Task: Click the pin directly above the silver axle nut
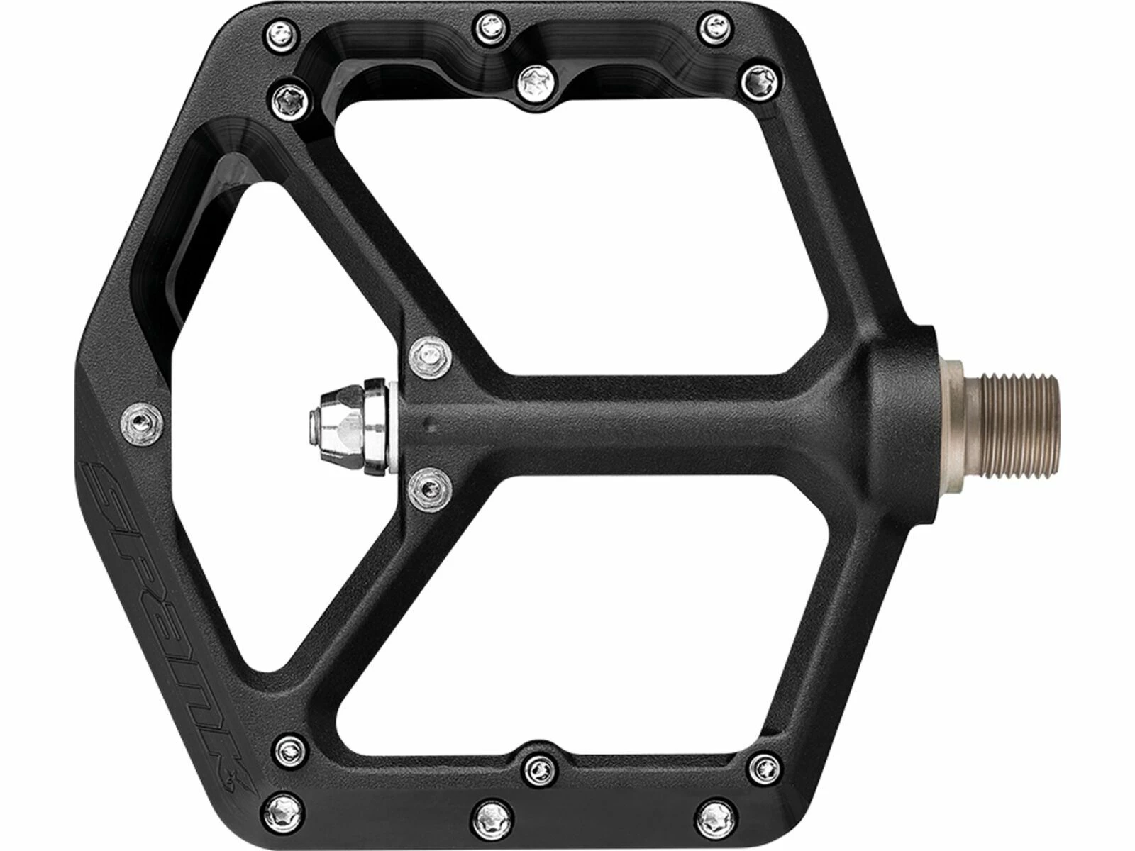coord(431,353)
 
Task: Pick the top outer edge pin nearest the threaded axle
coord(710,26)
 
